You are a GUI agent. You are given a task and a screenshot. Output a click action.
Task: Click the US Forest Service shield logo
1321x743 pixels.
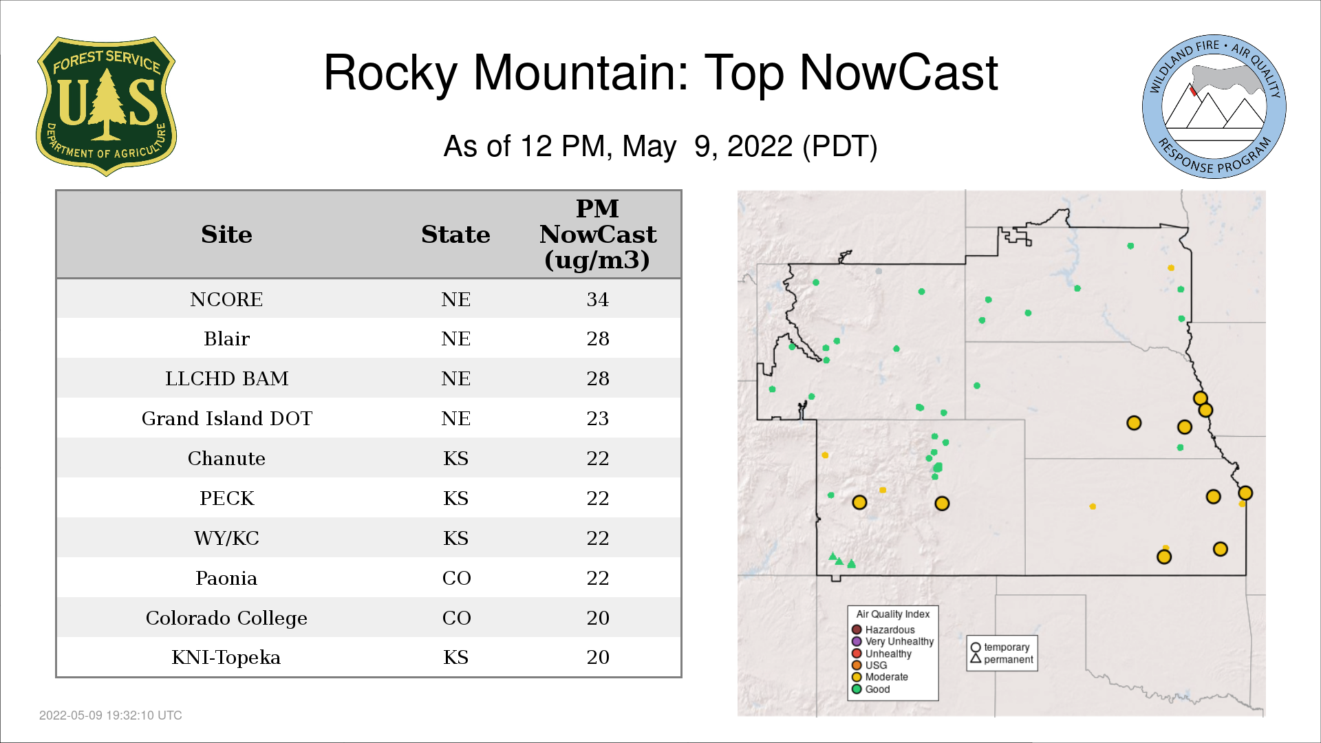click(x=106, y=107)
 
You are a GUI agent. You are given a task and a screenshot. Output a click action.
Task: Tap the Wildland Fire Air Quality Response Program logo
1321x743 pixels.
click(x=1214, y=107)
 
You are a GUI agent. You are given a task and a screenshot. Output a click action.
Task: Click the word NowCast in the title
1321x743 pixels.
click(x=899, y=73)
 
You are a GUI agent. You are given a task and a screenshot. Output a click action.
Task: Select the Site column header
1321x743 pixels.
click(x=226, y=235)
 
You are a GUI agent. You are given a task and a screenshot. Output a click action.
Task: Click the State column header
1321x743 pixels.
click(x=455, y=235)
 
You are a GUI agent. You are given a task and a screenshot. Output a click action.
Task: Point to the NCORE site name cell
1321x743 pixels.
click(x=226, y=299)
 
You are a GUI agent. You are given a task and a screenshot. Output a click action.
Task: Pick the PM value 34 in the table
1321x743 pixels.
click(x=597, y=299)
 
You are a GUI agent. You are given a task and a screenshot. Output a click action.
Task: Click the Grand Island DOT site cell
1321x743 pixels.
click(x=226, y=418)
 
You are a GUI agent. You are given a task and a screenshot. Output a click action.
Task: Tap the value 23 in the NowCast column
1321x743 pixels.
click(x=597, y=418)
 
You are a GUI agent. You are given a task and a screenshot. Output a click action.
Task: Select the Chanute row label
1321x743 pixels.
click(x=226, y=458)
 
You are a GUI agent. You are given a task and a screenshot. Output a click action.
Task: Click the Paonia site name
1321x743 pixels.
click(x=226, y=578)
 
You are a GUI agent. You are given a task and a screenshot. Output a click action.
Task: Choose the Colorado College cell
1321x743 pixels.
click(x=226, y=618)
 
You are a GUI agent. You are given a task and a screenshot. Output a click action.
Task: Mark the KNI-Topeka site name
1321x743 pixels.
click(x=226, y=658)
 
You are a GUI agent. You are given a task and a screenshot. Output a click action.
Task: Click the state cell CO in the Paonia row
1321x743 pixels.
click(x=456, y=578)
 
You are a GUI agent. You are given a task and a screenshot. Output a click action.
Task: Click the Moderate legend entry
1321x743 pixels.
click(x=880, y=677)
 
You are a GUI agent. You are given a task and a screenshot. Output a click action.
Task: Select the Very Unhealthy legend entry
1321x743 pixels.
click(x=893, y=641)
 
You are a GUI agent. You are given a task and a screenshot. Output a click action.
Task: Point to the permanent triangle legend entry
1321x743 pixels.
click(x=1002, y=659)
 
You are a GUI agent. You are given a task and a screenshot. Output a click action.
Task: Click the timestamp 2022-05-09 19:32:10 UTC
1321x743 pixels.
click(x=111, y=715)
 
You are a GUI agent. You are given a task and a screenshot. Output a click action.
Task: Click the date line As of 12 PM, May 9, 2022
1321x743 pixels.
click(x=660, y=147)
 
